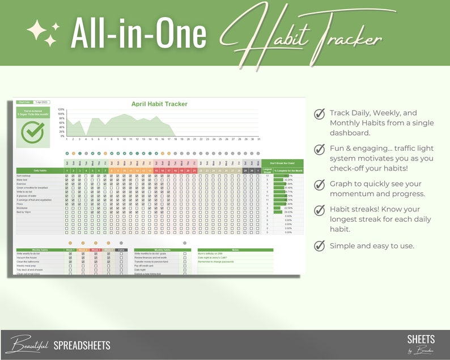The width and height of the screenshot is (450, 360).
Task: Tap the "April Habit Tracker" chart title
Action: point(159,104)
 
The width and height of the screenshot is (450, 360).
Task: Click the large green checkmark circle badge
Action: point(32,132)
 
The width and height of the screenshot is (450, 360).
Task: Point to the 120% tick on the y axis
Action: point(61,109)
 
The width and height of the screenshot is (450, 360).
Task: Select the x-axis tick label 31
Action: point(259,139)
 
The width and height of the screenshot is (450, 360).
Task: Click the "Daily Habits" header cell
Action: point(40,171)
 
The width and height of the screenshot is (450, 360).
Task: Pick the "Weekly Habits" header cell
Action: point(40,249)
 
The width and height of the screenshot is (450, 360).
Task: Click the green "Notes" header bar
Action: point(235,249)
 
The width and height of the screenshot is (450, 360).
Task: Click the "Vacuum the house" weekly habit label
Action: point(28,257)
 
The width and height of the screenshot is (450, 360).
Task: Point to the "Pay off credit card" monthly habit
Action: point(145,265)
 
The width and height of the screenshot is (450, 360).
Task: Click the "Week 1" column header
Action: point(70,249)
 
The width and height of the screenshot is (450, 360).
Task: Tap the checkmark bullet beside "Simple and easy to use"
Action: point(320,245)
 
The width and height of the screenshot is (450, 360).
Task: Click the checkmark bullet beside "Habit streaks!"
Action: point(320,210)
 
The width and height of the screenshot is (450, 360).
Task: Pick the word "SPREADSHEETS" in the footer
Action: point(82,345)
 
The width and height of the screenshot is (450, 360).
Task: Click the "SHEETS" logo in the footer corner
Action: point(421,340)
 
